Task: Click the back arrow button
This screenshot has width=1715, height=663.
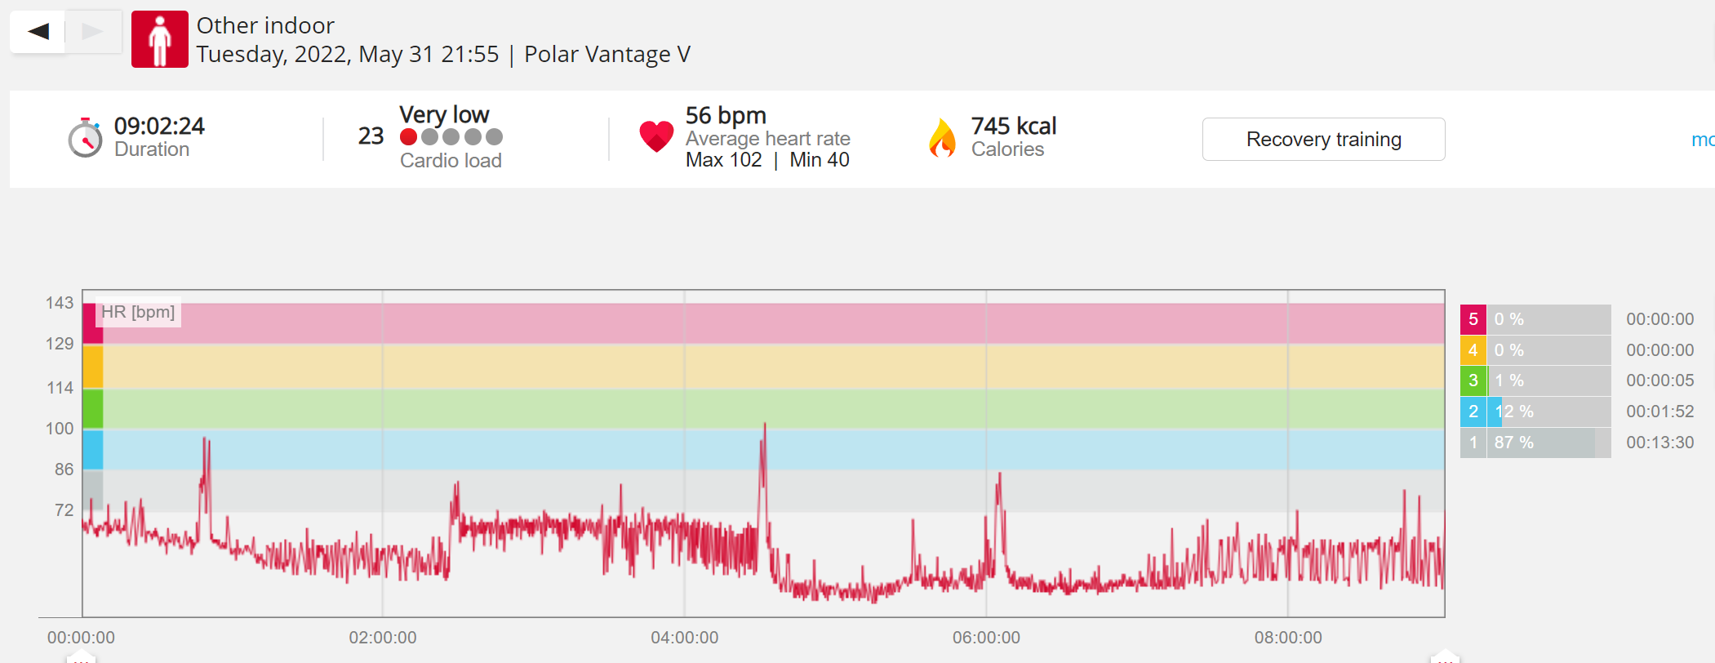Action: pyautogui.click(x=38, y=32)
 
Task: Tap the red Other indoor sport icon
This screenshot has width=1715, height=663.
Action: pyautogui.click(x=160, y=39)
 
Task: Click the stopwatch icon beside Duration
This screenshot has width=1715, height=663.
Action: pyautogui.click(x=85, y=137)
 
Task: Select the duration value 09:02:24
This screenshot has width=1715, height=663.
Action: pyautogui.click(x=159, y=126)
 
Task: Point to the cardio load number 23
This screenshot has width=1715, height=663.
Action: pyautogui.click(x=371, y=136)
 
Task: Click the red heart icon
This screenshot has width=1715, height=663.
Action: pyautogui.click(x=656, y=136)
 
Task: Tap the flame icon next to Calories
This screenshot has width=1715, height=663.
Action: pyautogui.click(x=942, y=137)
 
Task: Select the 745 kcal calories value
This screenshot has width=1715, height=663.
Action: pyautogui.click(x=1014, y=126)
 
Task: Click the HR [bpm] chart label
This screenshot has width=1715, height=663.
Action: pyautogui.click(x=138, y=312)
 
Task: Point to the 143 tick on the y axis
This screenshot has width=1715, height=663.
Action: pyautogui.click(x=60, y=303)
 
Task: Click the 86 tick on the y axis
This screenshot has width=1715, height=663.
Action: pyautogui.click(x=64, y=469)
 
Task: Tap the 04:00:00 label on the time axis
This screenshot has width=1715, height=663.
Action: pyautogui.click(x=685, y=638)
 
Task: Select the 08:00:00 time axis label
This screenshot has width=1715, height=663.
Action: pyautogui.click(x=1288, y=638)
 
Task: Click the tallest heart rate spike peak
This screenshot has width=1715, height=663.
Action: pyautogui.click(x=765, y=423)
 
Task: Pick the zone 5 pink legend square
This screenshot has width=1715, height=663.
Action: pyautogui.click(x=1473, y=319)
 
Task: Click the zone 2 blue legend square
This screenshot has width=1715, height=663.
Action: pyautogui.click(x=1473, y=412)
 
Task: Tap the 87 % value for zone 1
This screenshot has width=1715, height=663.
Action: pyautogui.click(x=1514, y=443)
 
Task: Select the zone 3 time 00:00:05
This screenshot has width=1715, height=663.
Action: pyautogui.click(x=1660, y=380)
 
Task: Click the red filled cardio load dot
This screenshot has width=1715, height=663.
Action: pyautogui.click(x=409, y=137)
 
